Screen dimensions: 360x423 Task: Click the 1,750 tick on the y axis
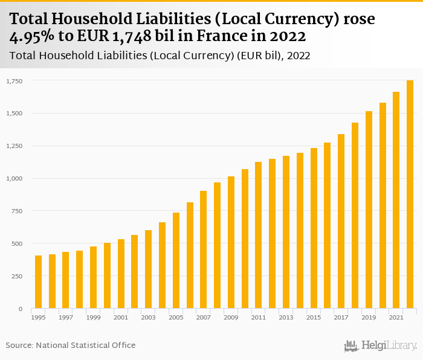point(15,80)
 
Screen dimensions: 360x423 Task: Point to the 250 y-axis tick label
point(17,276)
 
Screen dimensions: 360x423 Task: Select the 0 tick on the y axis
point(21,309)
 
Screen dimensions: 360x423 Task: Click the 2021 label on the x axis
point(396,318)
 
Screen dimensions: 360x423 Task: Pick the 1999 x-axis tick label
point(93,318)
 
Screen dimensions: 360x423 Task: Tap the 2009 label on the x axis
point(231,318)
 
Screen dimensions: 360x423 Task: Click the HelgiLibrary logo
point(381,346)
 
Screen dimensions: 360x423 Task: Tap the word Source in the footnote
point(19,345)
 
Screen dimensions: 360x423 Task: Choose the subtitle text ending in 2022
point(160,56)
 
